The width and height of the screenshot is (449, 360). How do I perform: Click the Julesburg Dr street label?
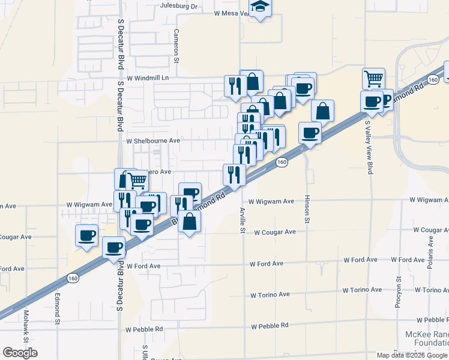[179, 6]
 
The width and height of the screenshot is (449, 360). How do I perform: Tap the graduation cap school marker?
[261, 8]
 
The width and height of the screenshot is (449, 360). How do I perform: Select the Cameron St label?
[177, 47]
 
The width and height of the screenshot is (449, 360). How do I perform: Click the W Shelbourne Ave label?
[153, 140]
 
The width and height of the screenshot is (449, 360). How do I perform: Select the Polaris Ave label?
[431, 248]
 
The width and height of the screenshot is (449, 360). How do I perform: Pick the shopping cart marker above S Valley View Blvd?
[373, 77]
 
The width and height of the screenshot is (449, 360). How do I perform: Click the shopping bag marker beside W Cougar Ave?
[190, 221]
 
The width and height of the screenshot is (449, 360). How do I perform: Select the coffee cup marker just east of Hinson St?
[310, 132]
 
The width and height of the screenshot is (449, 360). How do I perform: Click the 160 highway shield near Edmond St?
[73, 278]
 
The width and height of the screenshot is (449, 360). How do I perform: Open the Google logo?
[20, 353]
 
